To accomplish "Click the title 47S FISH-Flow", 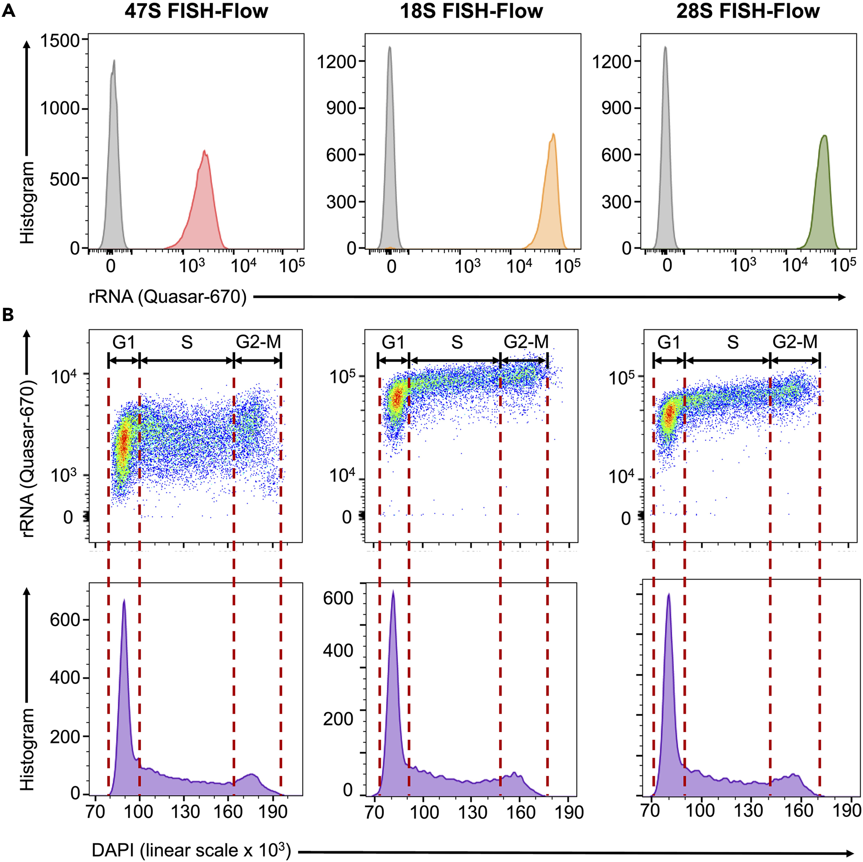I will click(x=196, y=11).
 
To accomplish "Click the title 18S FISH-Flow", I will click(x=471, y=11).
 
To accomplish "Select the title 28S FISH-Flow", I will click(x=748, y=11).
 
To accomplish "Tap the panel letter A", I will click(x=9, y=10).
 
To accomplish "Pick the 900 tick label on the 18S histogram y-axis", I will click(x=341, y=108).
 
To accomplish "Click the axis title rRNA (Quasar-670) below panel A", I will click(x=168, y=296).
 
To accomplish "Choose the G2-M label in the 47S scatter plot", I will click(x=258, y=342).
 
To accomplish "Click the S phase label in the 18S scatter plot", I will click(x=457, y=342).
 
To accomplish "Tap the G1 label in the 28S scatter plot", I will click(x=669, y=342).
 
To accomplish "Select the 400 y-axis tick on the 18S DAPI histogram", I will click(x=338, y=650).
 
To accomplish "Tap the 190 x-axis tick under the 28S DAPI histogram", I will click(x=847, y=810).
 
